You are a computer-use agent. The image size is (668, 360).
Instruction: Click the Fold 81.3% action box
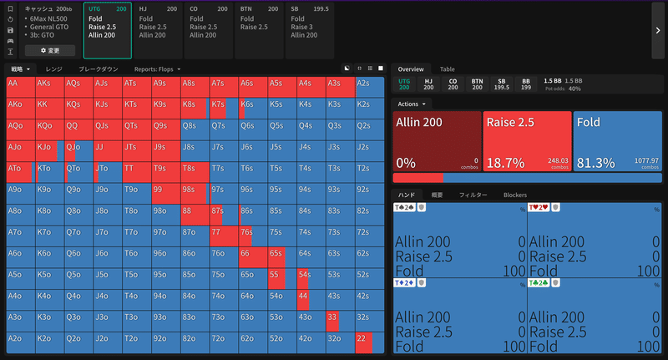point(617,140)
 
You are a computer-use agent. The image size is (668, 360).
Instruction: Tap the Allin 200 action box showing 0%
point(436,140)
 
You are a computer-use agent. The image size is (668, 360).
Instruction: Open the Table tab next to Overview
point(448,69)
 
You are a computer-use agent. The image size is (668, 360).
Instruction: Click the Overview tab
point(412,69)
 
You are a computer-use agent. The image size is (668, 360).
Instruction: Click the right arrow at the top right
point(657,30)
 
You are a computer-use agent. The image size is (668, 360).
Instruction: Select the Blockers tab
point(514,195)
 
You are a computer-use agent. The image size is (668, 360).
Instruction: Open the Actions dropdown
point(412,104)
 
